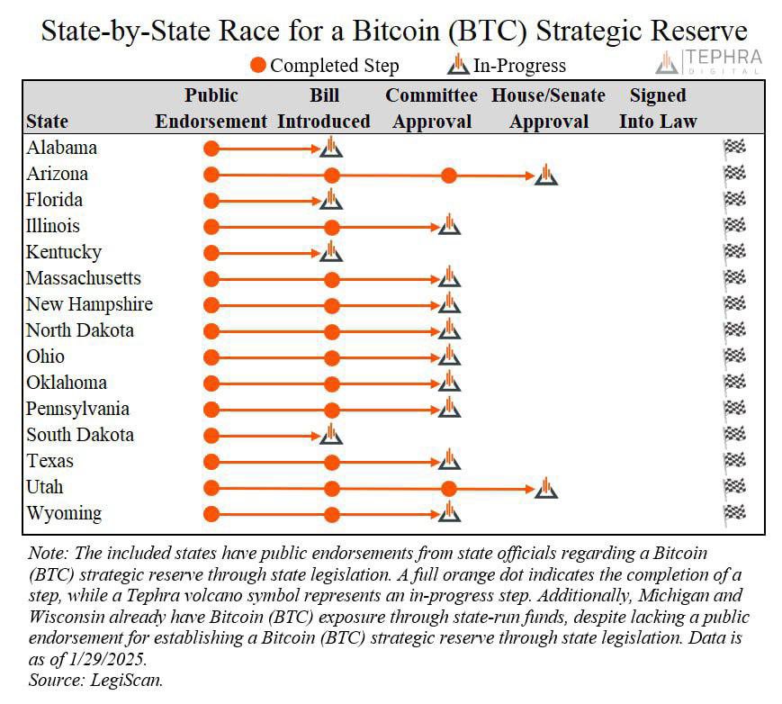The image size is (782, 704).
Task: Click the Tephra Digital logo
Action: (x=709, y=61)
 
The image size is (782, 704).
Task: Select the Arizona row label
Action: (x=57, y=174)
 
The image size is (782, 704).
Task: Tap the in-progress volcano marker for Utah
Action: (x=545, y=488)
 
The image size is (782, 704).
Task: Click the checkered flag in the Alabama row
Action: (x=734, y=148)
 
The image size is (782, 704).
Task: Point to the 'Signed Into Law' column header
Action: (x=658, y=108)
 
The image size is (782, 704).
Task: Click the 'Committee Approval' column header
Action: (x=432, y=108)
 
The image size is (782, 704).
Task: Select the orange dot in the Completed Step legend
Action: (x=258, y=66)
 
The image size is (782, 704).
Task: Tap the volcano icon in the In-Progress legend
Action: (x=459, y=65)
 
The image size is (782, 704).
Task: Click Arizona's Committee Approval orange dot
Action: (x=449, y=176)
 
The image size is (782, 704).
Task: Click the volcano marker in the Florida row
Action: (x=331, y=200)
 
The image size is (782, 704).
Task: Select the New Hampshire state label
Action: (x=89, y=304)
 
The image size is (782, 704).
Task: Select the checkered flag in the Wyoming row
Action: (x=734, y=513)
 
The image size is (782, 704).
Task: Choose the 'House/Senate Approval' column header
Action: (x=548, y=108)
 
